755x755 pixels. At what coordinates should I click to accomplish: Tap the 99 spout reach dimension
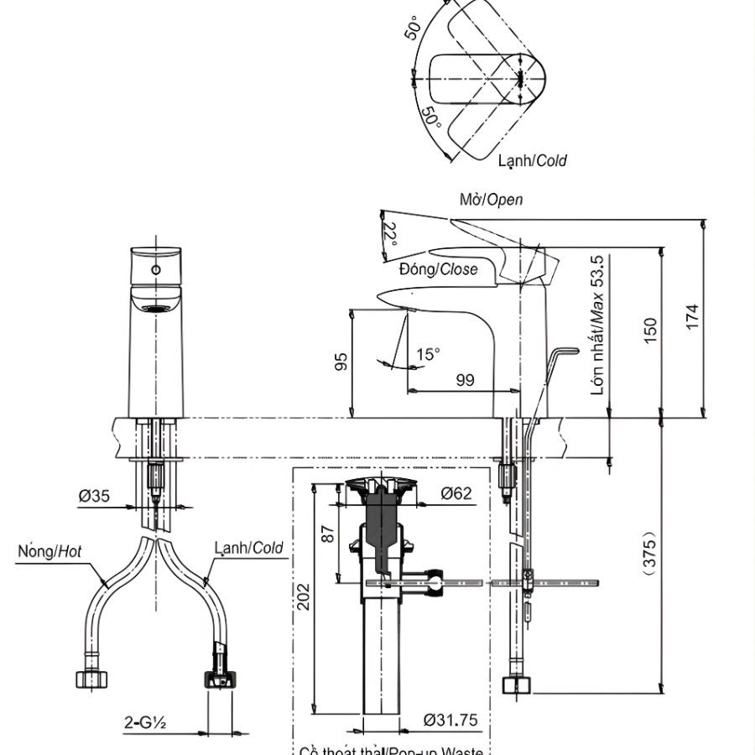pos(466,380)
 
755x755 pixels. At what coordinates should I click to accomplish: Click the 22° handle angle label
pos(390,232)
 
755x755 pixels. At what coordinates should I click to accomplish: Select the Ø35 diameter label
pos(95,496)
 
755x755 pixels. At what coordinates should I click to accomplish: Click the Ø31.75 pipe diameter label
pos(450,719)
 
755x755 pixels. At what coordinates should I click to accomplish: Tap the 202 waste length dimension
pos(304,597)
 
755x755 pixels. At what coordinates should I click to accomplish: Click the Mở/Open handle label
pos(491,200)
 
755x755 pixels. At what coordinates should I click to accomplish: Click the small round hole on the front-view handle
pos(155,270)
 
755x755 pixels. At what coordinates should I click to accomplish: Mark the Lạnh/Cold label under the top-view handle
pos(532,159)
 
